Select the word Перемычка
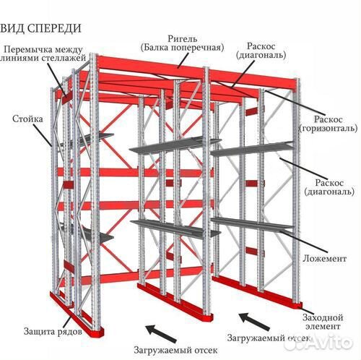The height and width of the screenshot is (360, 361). (30, 49)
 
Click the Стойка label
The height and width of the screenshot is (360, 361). (27, 117)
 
